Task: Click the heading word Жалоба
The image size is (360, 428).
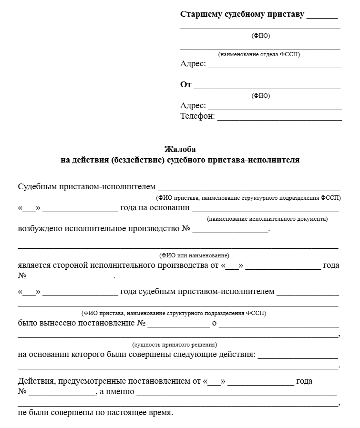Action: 180,149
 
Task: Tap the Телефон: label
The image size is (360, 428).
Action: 197,116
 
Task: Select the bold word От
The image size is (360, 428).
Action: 185,85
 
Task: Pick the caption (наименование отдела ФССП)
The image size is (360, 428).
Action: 259,55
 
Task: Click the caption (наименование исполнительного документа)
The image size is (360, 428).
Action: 267,219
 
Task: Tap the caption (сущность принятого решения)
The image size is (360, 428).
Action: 175,344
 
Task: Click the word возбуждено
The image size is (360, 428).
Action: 40,229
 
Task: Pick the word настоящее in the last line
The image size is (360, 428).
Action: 134,413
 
